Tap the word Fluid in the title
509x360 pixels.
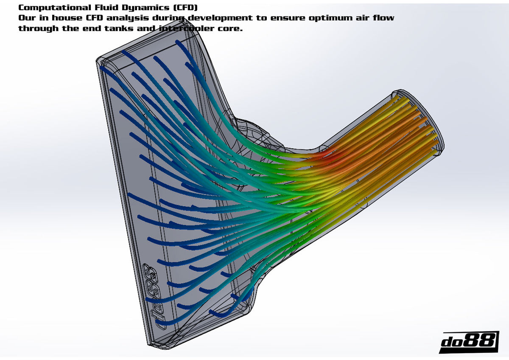107,8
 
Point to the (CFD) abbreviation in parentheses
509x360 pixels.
185,8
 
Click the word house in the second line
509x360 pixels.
67,18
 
